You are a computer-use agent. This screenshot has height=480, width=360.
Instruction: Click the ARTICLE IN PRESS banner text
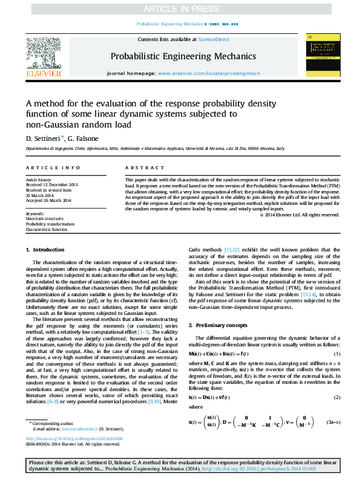click(x=180, y=9)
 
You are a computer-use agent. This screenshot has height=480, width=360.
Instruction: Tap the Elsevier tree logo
click(x=43, y=53)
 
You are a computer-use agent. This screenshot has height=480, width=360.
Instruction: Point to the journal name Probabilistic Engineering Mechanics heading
click(x=180, y=56)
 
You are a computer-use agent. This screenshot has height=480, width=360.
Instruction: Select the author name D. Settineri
click(x=41, y=139)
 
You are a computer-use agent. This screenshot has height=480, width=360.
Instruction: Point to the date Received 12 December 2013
click(x=51, y=184)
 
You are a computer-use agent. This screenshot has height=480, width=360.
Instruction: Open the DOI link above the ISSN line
click(x=74, y=439)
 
